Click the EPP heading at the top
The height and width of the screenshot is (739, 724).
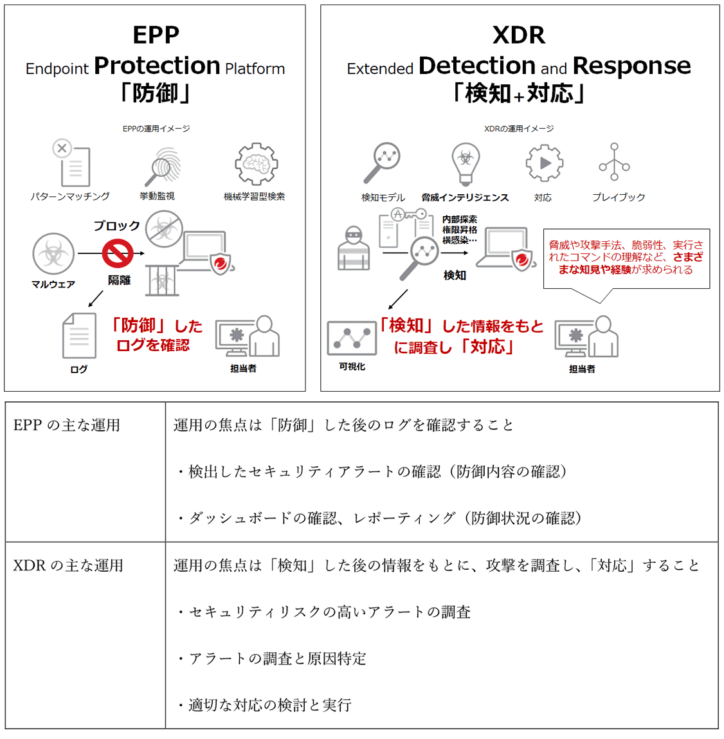click(156, 35)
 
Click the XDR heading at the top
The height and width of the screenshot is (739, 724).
click(518, 35)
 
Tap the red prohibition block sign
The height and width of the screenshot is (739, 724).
click(118, 253)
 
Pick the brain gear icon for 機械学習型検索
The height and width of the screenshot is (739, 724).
click(256, 164)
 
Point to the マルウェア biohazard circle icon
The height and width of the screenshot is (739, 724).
click(53, 253)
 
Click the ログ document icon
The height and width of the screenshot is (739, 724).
click(79, 336)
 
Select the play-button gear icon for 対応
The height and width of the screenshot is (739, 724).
click(544, 163)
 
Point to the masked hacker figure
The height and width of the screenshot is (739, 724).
click(354, 248)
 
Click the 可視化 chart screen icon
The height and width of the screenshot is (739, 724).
click(352, 338)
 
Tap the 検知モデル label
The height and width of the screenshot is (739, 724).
click(383, 197)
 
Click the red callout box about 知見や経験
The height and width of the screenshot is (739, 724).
click(626, 257)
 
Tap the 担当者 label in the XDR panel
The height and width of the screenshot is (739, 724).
click(582, 369)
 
